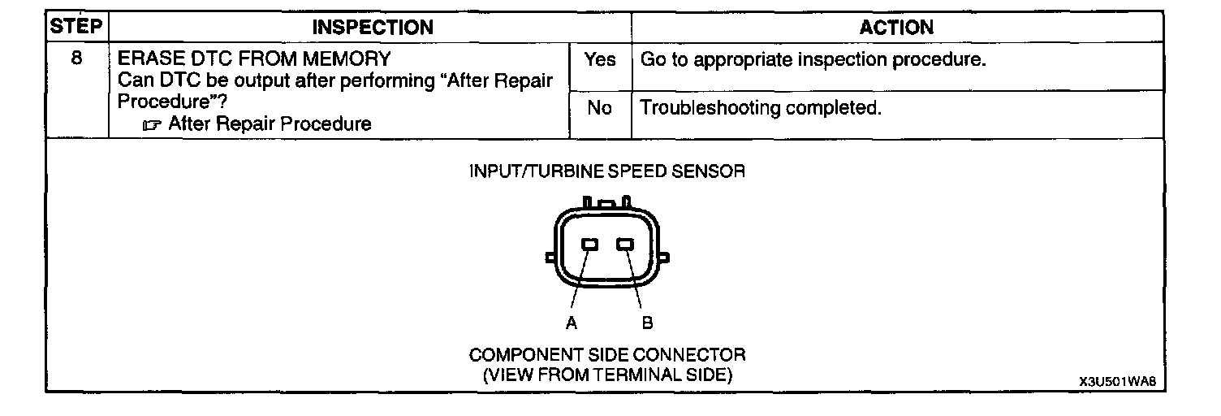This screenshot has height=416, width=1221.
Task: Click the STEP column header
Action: click(76, 27)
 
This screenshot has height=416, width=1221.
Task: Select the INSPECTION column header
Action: click(373, 27)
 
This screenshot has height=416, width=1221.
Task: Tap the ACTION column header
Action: click(896, 27)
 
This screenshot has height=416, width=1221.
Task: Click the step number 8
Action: click(76, 59)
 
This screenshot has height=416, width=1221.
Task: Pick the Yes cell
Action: click(600, 60)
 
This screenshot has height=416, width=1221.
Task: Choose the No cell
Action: click(599, 108)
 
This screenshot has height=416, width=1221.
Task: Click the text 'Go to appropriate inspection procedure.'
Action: click(813, 60)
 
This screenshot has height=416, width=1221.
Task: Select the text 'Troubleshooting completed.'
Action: click(761, 108)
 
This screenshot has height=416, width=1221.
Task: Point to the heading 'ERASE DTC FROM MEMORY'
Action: click(254, 59)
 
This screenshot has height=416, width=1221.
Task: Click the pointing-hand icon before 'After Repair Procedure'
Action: click(151, 125)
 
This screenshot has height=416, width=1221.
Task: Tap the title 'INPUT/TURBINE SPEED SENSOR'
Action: click(607, 171)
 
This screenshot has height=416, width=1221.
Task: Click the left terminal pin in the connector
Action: click(590, 245)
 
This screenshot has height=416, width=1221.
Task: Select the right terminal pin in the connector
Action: click(624, 245)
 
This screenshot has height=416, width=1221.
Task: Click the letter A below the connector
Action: click(572, 323)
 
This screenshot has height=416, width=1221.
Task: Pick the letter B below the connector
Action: click(647, 323)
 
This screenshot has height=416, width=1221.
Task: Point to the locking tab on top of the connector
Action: click(607, 202)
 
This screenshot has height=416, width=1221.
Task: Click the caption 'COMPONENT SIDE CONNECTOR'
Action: click(607, 355)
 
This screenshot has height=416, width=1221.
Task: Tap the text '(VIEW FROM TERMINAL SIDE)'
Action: click(607, 375)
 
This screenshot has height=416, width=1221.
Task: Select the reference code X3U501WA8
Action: click(1117, 381)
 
